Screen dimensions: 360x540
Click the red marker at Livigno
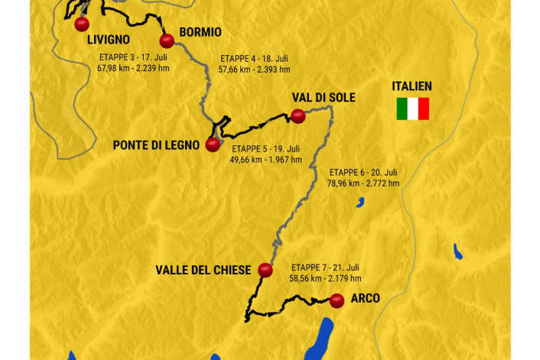pos(82,24)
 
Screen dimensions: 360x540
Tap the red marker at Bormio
pos(166,41)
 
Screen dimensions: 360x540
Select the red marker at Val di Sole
pos(298,115)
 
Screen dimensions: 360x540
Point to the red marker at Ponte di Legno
pos(213,144)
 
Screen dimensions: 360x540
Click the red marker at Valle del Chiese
pos(265,270)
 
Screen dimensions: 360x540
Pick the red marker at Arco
pos(337,301)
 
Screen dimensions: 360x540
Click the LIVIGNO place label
pos(108,40)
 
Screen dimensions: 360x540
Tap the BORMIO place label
pos(200,32)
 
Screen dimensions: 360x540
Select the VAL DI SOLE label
pos(324,99)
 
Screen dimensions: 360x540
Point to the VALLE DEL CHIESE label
pos(203,270)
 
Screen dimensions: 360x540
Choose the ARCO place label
pos(366,298)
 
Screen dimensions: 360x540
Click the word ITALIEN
pos(412,86)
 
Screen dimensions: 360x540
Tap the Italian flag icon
pos(412,109)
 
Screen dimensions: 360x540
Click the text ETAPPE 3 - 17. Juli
pos(133,57)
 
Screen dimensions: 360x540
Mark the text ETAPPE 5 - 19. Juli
pos(265,148)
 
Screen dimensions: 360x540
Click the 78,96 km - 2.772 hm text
pos(363,183)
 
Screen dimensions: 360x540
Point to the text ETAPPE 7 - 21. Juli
pos(325,268)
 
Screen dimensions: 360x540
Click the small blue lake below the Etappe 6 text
pos(359,202)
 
